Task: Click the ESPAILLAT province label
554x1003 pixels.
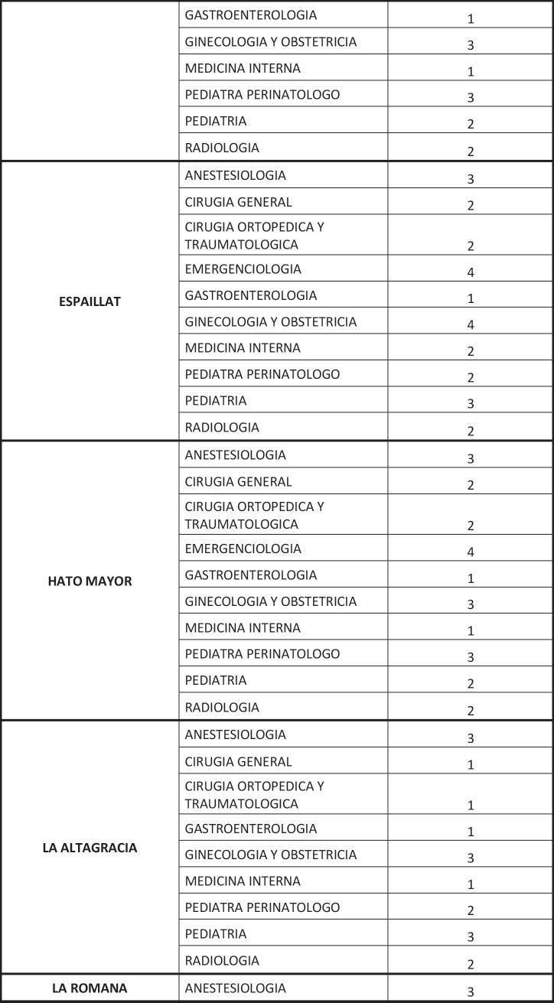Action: point(90,301)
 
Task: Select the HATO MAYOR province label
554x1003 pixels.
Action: point(90,581)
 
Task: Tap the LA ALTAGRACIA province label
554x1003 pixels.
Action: point(90,848)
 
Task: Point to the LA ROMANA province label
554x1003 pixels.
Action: point(90,988)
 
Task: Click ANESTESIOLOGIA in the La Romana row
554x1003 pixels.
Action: point(235,988)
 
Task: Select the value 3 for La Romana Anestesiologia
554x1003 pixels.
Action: point(471,992)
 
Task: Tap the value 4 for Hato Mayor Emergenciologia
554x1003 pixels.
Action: point(471,552)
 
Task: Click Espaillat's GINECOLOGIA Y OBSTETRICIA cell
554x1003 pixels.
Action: point(271,321)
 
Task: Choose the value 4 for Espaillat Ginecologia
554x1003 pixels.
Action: point(471,325)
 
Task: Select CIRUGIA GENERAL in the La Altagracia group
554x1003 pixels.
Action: point(238,761)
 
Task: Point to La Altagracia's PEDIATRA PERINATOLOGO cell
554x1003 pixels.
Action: point(262,907)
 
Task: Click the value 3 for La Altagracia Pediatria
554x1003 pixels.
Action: point(471,937)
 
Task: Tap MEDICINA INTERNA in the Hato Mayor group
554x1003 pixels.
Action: point(243,627)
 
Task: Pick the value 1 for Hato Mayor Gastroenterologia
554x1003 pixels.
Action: point(471,578)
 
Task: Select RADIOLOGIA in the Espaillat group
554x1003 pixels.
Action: point(222,427)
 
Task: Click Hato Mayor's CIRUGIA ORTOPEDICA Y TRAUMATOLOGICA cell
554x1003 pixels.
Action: point(255,515)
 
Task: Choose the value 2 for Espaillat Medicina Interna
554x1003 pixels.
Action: point(471,351)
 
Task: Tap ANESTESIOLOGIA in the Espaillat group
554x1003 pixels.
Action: point(235,175)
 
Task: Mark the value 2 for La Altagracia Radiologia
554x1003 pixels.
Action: point(471,964)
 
